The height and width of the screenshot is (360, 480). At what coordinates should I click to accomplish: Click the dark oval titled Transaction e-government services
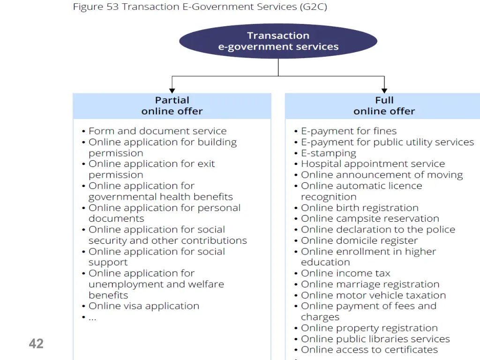click(278, 41)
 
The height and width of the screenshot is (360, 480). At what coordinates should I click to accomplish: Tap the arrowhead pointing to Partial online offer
click(172, 91)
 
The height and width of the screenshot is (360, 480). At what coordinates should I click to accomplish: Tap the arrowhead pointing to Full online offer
click(384, 91)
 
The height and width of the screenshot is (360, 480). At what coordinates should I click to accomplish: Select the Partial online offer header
click(172, 106)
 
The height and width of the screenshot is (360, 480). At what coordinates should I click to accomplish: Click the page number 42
click(36, 344)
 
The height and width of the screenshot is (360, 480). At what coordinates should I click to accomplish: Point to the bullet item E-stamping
click(329, 153)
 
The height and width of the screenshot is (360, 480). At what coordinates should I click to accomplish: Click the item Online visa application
click(144, 306)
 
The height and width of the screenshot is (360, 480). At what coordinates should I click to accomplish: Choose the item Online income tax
click(345, 273)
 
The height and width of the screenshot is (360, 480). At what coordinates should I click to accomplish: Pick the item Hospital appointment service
click(373, 164)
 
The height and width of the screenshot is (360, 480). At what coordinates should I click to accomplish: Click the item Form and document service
click(157, 131)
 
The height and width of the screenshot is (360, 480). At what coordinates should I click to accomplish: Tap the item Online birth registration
click(360, 208)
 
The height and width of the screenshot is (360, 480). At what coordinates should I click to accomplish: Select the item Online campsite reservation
click(370, 218)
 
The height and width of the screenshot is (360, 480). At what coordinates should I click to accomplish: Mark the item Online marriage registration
click(370, 285)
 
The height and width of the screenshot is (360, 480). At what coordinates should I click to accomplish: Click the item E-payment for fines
click(349, 131)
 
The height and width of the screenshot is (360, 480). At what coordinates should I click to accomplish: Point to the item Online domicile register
click(360, 240)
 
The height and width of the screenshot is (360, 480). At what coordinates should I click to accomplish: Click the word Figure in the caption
click(88, 7)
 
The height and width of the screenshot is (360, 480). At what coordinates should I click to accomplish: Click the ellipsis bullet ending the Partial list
click(92, 318)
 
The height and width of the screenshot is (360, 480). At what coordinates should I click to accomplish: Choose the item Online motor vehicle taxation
click(374, 295)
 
